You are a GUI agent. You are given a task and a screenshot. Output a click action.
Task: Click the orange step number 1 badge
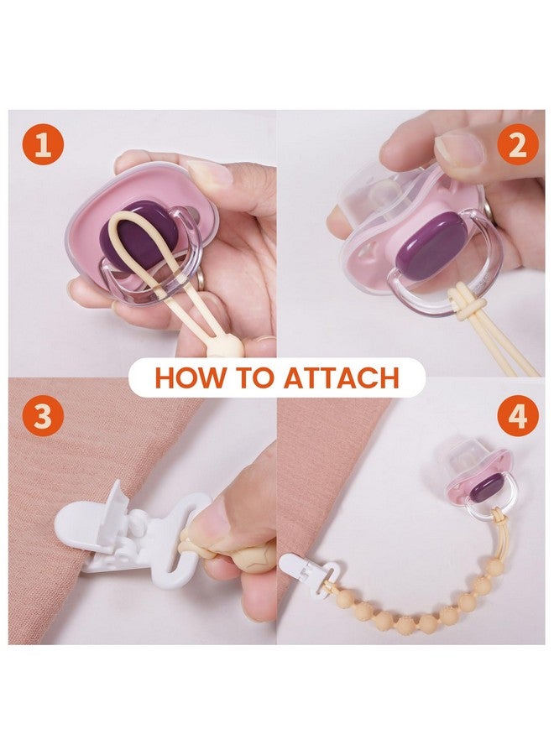click(x=43, y=144)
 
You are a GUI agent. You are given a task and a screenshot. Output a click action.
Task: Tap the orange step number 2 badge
click(x=517, y=144)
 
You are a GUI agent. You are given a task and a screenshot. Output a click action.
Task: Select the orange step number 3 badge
click(x=43, y=415)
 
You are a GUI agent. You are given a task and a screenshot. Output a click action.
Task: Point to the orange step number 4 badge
click(x=517, y=415)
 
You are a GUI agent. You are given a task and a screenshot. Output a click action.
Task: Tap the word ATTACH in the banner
click(x=342, y=377)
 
